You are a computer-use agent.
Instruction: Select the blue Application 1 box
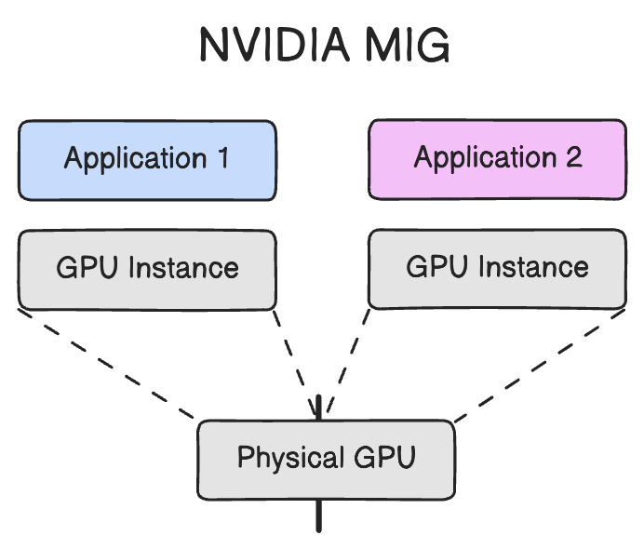click(x=147, y=159)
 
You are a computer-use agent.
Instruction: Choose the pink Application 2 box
click(x=497, y=159)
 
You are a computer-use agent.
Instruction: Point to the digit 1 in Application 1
click(x=222, y=158)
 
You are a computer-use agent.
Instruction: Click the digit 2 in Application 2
click(x=572, y=157)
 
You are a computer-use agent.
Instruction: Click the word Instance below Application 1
click(x=183, y=268)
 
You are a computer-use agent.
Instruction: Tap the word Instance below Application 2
click(x=533, y=267)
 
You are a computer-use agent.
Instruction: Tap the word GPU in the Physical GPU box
click(x=383, y=458)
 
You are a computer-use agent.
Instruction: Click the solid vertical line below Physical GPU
click(x=319, y=516)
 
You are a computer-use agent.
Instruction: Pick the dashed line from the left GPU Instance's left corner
click(x=107, y=365)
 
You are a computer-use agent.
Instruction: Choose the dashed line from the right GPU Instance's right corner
click(x=540, y=365)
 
